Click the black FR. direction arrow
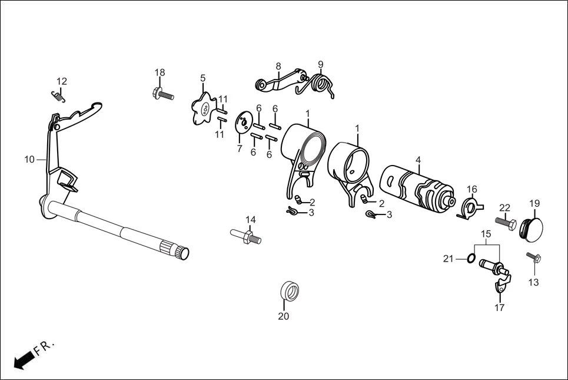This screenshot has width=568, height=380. pyautogui.click(x=24, y=360)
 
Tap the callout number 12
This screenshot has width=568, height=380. pyautogui.click(x=62, y=81)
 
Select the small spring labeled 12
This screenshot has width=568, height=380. pyautogui.click(x=58, y=95)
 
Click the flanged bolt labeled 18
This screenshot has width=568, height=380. pyautogui.click(x=163, y=94)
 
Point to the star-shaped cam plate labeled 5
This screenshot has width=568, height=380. pyautogui.click(x=204, y=108)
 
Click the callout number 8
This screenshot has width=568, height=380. pyautogui.click(x=278, y=67)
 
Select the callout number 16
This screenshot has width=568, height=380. pyautogui.click(x=472, y=189)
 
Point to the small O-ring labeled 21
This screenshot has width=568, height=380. pyautogui.click(x=470, y=259)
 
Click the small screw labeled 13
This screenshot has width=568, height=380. pyautogui.click(x=534, y=258)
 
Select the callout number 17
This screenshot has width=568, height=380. pyautogui.click(x=500, y=308)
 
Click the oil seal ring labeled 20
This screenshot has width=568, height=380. pyautogui.click(x=290, y=290)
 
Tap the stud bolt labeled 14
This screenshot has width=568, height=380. pyautogui.click(x=246, y=236)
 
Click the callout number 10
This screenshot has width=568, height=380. pyautogui.click(x=29, y=159)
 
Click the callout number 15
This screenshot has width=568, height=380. pyautogui.click(x=486, y=234)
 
